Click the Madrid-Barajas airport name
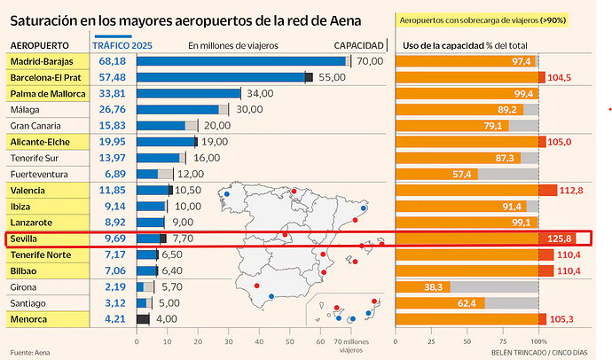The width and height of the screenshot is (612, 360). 42,61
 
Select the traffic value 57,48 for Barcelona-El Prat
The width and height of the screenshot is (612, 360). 113,77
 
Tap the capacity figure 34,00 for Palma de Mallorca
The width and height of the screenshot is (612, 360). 260,94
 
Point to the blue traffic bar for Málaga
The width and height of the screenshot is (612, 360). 177,110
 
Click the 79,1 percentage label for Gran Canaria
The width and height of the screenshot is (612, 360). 492,126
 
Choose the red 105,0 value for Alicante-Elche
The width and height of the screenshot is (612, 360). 560,142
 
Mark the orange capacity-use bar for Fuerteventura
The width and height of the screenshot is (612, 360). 436,174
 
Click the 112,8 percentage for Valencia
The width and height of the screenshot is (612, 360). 571,191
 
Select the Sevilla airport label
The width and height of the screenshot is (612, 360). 23,239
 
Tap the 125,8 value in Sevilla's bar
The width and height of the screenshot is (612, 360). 560,239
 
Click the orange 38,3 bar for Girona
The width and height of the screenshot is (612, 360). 423,287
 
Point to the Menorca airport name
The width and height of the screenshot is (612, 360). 28,319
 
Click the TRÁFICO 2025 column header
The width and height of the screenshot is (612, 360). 122,45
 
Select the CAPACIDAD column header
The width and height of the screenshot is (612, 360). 358,45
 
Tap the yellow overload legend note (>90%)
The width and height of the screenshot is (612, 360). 483,20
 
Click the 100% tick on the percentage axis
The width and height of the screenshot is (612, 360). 539,341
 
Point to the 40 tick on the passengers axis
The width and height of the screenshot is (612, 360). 259,341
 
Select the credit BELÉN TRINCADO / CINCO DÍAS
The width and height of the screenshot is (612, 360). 539,353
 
